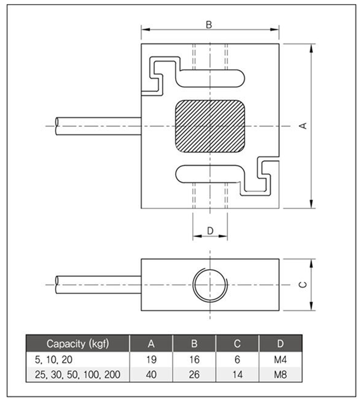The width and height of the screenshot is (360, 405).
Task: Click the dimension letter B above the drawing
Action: pyautogui.click(x=209, y=25)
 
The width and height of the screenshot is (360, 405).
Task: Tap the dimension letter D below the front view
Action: pyautogui.click(x=210, y=230)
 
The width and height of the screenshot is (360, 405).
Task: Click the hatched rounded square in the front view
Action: pyautogui.click(x=210, y=126)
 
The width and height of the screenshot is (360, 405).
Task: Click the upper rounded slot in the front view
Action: pyautogui.click(x=211, y=78)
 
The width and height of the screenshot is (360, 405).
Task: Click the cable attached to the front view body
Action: pyautogui.click(x=98, y=126)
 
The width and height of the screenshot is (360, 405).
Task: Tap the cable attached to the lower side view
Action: pyautogui.click(x=98, y=285)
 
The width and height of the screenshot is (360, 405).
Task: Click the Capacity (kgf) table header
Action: pyautogui.click(x=78, y=344)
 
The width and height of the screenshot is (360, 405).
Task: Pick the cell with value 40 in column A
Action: pyautogui.click(x=151, y=375)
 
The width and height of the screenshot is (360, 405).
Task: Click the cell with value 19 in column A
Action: pyautogui.click(x=151, y=359)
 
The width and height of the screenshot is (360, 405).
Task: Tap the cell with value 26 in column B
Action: pyautogui.click(x=194, y=375)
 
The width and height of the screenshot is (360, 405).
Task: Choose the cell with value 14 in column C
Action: pyautogui.click(x=237, y=375)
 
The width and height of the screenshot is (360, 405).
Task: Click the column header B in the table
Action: pyautogui.click(x=194, y=344)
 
